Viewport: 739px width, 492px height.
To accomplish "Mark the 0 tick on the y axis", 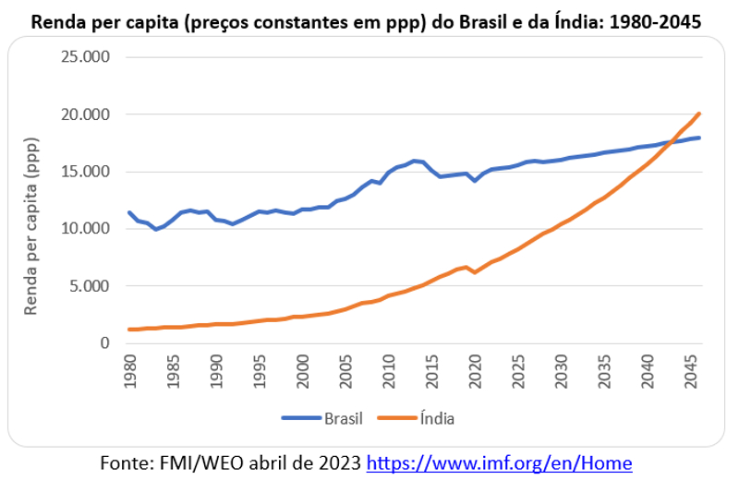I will (105, 343).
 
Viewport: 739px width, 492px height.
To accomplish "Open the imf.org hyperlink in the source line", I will (500, 464).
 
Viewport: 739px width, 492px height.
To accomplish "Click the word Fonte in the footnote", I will (125, 464).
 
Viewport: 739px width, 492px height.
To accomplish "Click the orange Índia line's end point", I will (700, 114).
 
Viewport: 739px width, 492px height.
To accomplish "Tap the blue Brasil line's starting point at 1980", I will (130, 212).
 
